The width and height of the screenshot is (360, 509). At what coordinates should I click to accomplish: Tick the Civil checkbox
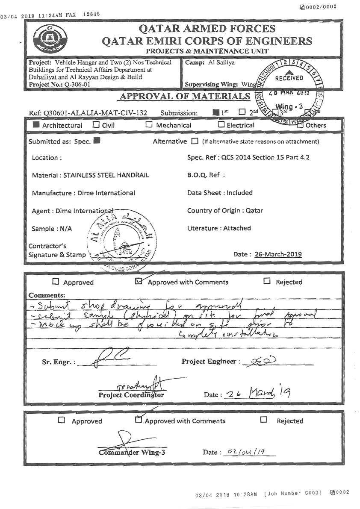click(96, 125)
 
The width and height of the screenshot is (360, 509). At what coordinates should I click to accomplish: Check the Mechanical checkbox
click(149, 125)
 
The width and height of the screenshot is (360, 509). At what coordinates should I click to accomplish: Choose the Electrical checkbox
click(221, 125)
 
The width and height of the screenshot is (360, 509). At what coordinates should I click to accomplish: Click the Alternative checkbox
click(195, 141)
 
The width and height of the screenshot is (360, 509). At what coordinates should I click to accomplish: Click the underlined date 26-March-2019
click(278, 254)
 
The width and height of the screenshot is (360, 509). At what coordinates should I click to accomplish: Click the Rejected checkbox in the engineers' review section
click(267, 281)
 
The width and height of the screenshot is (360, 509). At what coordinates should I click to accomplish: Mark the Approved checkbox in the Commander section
click(62, 421)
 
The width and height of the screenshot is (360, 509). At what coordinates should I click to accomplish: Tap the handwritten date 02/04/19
click(245, 452)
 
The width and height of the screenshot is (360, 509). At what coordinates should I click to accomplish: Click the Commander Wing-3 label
click(132, 453)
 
